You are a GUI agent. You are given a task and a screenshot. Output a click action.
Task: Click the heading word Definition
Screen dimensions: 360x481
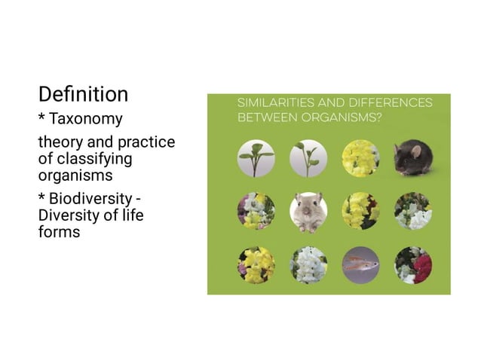[x=83, y=94]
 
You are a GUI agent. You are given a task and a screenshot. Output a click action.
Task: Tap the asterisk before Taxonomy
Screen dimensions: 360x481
[x=42, y=118]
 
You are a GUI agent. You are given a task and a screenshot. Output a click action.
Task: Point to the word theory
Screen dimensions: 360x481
[x=61, y=142]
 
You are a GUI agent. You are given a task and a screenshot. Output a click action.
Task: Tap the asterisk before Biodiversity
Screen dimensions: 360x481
[x=42, y=197]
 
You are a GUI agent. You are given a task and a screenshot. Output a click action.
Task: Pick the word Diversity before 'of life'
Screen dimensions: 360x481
[x=69, y=216]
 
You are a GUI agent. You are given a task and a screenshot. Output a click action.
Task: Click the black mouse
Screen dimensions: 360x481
[x=413, y=157]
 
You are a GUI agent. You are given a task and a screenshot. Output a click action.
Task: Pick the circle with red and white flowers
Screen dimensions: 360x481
[x=413, y=265]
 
